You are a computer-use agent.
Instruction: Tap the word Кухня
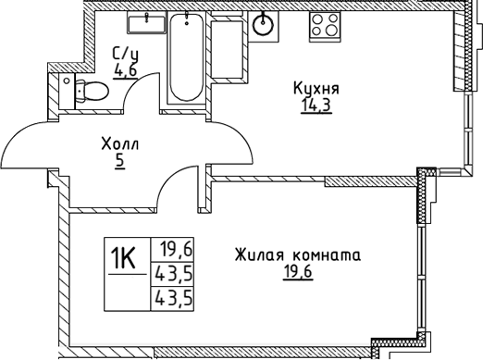(x=316, y=89)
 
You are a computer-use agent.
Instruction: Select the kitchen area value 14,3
(x=316, y=105)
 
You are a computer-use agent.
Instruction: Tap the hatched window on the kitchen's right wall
(x=455, y=56)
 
